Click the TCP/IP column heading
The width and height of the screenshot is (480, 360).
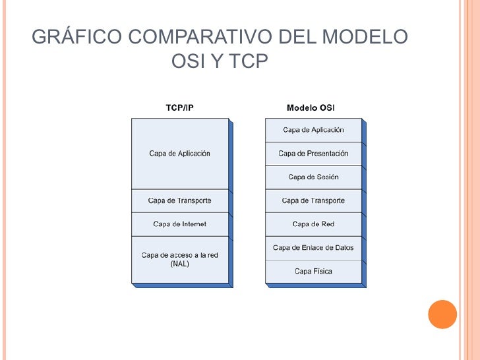coord(179,107)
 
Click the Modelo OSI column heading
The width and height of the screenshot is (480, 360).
coord(311,107)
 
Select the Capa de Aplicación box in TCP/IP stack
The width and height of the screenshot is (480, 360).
coord(179,154)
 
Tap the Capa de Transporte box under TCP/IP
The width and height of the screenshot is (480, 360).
coord(179,200)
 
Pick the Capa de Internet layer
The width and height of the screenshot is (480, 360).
coord(179,224)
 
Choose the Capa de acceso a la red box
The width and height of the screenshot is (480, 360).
coord(179,255)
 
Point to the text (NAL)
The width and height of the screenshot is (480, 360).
coord(179,264)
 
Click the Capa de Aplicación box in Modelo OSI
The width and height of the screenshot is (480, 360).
coord(313,130)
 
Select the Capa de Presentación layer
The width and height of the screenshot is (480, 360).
coord(313,154)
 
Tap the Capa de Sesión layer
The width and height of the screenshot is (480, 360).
coord(313,177)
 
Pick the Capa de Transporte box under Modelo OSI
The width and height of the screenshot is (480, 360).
coord(313,200)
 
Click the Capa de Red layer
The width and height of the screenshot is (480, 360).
coord(313,224)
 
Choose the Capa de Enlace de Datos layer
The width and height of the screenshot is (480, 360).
coord(313,248)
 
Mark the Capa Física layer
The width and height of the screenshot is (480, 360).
coord(313,271)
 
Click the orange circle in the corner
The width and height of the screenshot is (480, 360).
coord(442,315)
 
